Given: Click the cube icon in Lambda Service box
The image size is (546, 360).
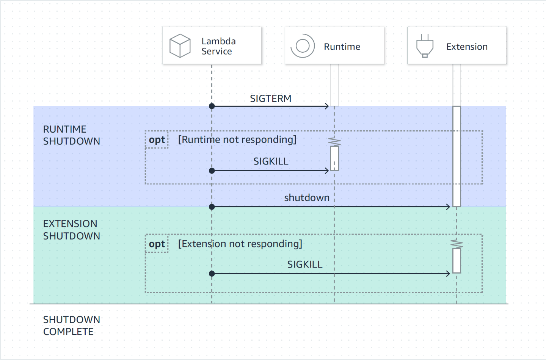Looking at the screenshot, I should [x=180, y=46].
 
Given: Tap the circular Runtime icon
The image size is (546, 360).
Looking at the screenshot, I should [x=303, y=46].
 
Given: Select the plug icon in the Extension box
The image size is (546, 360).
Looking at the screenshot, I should [x=425, y=46].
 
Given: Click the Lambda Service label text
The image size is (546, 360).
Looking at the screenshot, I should [x=218, y=46].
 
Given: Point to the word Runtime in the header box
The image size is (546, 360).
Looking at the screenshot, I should [x=342, y=47].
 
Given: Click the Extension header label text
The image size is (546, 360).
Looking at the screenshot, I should [x=467, y=47].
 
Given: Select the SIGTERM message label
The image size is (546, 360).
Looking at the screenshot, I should [x=270, y=99].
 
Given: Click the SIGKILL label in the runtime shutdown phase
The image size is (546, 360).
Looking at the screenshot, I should [x=271, y=161].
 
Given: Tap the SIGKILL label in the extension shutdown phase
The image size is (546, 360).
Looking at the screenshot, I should [x=304, y=265].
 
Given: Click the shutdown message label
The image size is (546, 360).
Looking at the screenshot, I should [x=307, y=198].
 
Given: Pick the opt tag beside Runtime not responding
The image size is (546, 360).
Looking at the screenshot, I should [x=157, y=140].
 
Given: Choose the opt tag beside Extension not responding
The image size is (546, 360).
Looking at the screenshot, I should [x=157, y=244].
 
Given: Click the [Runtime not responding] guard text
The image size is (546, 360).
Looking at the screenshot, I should [x=237, y=139].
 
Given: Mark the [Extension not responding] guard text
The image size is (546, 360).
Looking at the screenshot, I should [x=240, y=244].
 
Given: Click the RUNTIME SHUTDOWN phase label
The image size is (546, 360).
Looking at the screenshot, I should [x=71, y=135].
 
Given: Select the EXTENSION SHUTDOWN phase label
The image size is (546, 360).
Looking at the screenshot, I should [x=71, y=230].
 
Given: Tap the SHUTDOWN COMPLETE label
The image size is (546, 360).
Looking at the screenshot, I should [x=71, y=326].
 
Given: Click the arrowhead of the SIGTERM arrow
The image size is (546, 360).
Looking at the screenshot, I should [x=327, y=106].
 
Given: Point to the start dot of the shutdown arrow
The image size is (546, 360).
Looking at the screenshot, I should [x=212, y=207].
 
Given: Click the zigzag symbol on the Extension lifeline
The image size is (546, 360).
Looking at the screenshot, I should [x=457, y=244].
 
